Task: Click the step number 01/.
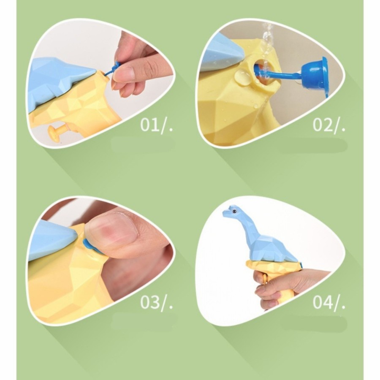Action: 157,125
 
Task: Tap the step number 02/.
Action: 329,125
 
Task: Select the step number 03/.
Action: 157,302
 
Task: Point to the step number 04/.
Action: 329,302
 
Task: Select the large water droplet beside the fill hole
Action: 242,78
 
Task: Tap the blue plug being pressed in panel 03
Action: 90,245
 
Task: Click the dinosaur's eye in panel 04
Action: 234,212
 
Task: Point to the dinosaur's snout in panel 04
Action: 226,212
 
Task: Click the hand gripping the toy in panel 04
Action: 279,286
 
